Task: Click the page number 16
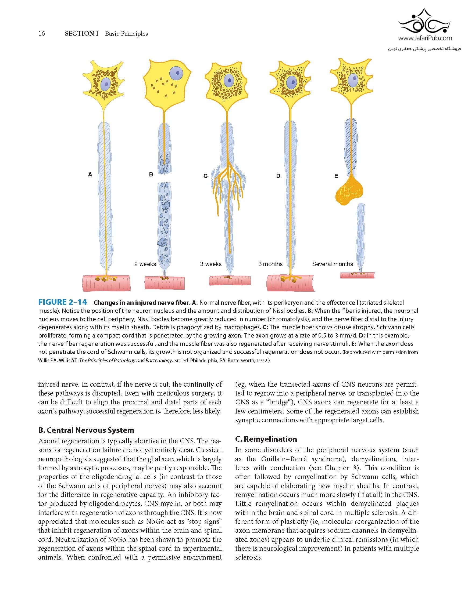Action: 42,34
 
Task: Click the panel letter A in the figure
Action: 90,175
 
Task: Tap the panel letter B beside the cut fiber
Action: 151,175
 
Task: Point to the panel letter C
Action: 206,176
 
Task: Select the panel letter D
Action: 278,176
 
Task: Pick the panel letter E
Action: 336,176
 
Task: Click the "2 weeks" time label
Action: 145,264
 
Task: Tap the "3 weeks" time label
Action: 211,264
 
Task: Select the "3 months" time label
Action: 270,264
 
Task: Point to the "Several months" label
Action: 332,264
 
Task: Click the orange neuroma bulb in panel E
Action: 349,191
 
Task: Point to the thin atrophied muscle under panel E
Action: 357,275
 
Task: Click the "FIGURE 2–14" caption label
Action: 63,302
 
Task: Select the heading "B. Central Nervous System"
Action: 86,430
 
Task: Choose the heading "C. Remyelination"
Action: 266,439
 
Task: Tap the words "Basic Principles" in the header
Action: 126,34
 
